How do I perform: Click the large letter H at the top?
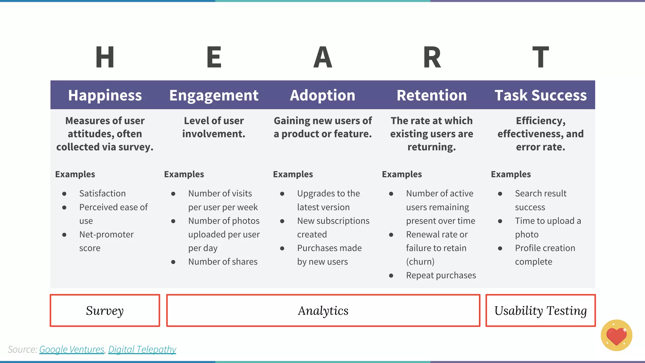[105, 57]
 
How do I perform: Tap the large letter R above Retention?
[432, 57]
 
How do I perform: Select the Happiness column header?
[105, 95]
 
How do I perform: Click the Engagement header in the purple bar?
[214, 95]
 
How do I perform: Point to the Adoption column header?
[322, 95]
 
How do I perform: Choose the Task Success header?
[540, 95]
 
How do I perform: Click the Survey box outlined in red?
[105, 310]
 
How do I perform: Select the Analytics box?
[323, 310]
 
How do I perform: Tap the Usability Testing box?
[540, 310]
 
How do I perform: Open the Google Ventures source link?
[71, 349]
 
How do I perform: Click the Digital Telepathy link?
[142, 349]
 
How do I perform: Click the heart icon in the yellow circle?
[616, 336]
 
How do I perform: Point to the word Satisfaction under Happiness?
[102, 193]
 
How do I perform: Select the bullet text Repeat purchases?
[441, 275]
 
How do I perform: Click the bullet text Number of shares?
[223, 262]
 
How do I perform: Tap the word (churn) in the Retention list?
[420, 262]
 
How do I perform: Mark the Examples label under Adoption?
[293, 174]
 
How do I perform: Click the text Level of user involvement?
[214, 127]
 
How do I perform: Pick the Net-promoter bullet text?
[106, 235]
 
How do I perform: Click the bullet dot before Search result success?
[500, 194]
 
